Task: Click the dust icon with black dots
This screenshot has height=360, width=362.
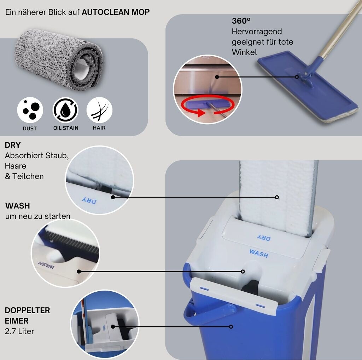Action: click(30, 110)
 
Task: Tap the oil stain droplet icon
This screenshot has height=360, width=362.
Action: click(65, 110)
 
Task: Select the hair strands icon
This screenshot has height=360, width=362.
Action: click(99, 110)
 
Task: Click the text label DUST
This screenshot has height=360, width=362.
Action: click(30, 128)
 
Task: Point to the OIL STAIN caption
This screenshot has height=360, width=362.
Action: click(66, 128)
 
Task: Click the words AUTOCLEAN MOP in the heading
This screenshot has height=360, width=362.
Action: click(116, 12)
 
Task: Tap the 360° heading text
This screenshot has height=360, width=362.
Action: click(241, 21)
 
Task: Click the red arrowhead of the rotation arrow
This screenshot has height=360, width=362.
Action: click(201, 113)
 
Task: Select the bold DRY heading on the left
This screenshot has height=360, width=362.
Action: click(13, 145)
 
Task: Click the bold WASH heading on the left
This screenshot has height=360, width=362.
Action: click(18, 206)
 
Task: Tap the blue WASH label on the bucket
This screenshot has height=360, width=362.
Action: click(259, 253)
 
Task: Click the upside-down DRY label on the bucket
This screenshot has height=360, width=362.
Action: click(264, 238)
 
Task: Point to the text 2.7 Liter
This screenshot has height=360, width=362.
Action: click(19, 331)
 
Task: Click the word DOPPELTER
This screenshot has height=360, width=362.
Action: click(27, 310)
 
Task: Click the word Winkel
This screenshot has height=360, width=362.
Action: click(244, 52)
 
